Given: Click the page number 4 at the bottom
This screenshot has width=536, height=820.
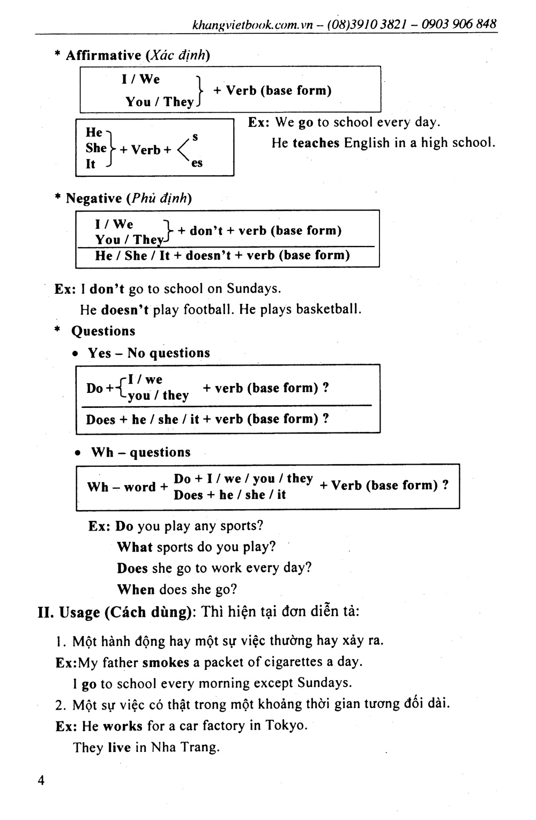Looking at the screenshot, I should coord(41,780).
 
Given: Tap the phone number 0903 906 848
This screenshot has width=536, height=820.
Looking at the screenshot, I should coord(459,24).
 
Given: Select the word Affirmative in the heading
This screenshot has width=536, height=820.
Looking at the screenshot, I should coord(103,55).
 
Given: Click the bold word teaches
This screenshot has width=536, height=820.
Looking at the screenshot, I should coord(316,143).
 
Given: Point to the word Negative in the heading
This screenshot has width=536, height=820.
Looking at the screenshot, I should coord(94,198).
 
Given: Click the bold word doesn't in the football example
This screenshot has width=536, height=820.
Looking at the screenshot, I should coord(125,310).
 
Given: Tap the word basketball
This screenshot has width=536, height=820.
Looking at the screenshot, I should coord(328,310).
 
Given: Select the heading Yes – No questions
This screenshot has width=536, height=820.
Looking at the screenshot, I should coord(149,353).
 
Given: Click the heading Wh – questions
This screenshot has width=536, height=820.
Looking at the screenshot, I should coord(140,452).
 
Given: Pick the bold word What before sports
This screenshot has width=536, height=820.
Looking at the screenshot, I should coord(135,547).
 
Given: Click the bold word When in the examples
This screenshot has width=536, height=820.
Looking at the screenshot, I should coord(136,590).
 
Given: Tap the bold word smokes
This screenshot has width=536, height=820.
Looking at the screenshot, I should coord(166,662).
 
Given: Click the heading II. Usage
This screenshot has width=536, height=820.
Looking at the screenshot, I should coord(69,612).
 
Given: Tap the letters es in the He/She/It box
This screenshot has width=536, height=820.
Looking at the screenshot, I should coord(197,163).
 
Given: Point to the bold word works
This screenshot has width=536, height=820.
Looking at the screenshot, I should coord(123,726).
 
